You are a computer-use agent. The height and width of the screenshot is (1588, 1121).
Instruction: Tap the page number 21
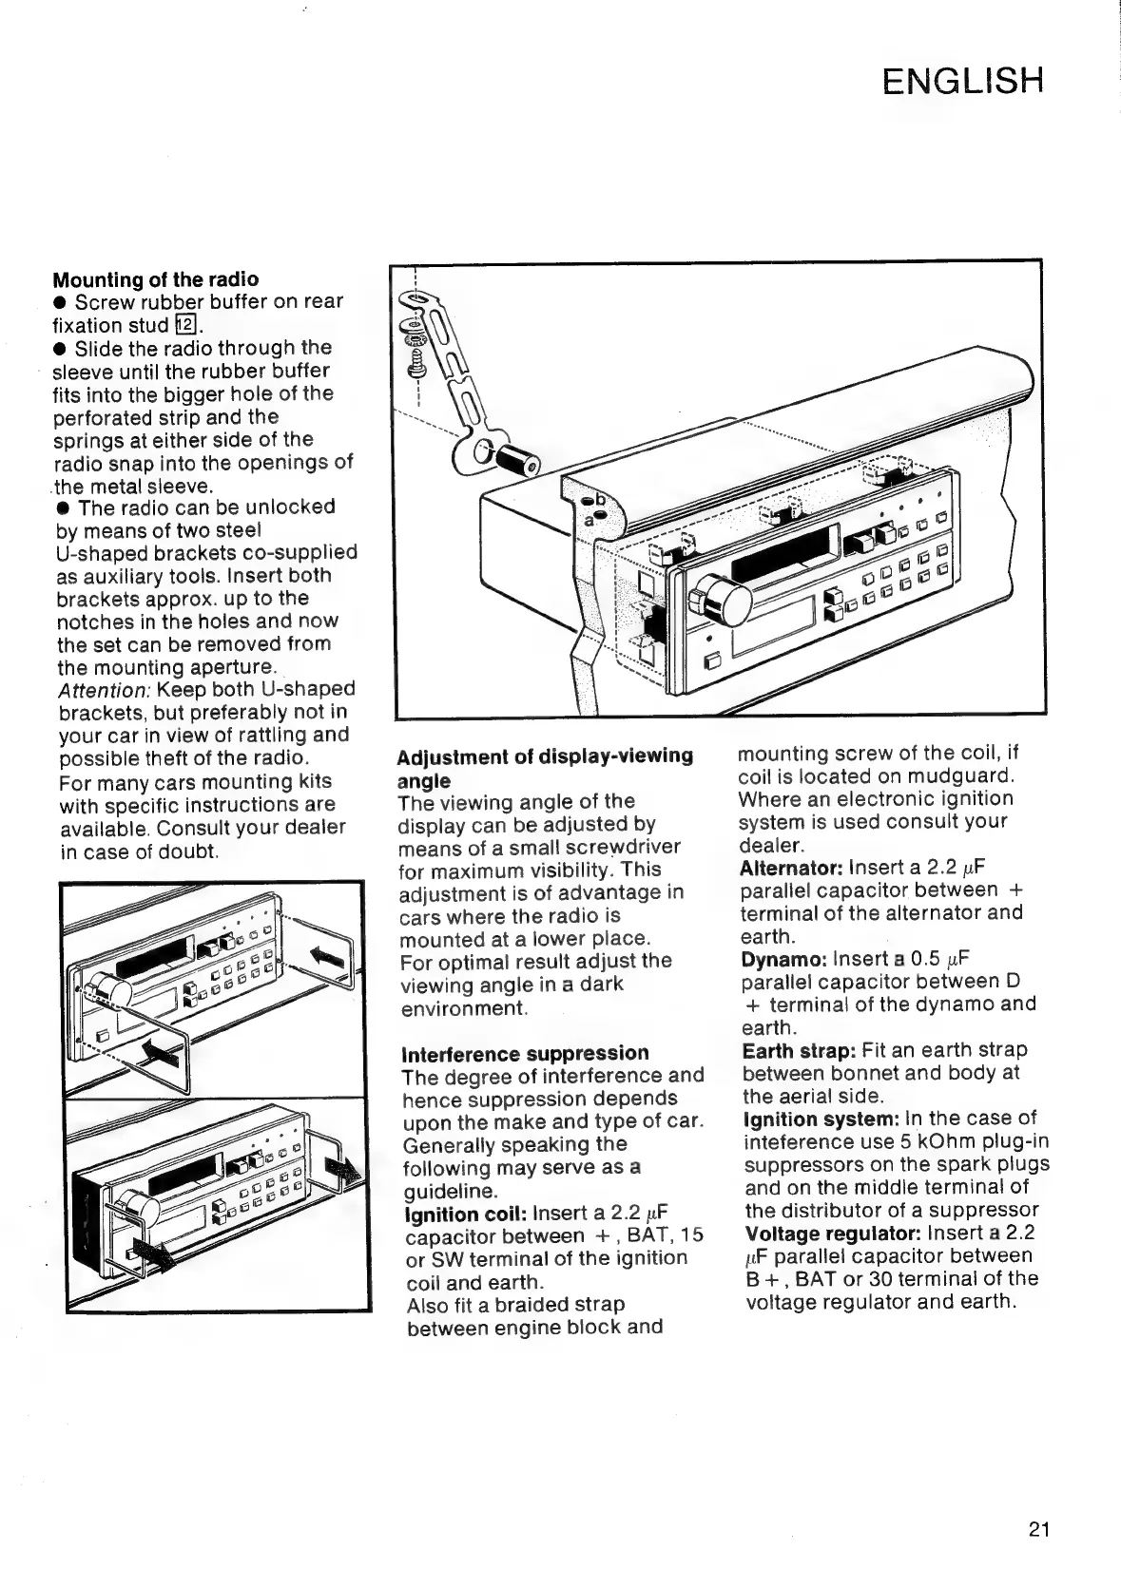[1037, 1529]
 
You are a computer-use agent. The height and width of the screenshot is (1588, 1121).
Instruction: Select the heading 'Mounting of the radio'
[155, 279]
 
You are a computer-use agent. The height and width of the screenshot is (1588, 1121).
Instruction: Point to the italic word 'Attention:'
[98, 689]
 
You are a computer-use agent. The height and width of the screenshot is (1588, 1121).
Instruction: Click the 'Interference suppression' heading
[525, 1053]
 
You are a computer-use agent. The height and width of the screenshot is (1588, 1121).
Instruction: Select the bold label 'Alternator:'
[791, 868]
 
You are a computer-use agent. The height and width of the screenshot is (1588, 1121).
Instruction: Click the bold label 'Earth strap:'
[799, 1050]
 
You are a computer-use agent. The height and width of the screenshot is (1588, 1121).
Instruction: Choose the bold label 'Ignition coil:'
[465, 1214]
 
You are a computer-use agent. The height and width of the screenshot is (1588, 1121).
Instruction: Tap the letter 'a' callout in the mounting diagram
[589, 520]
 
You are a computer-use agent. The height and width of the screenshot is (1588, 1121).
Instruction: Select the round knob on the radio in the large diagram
[725, 600]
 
